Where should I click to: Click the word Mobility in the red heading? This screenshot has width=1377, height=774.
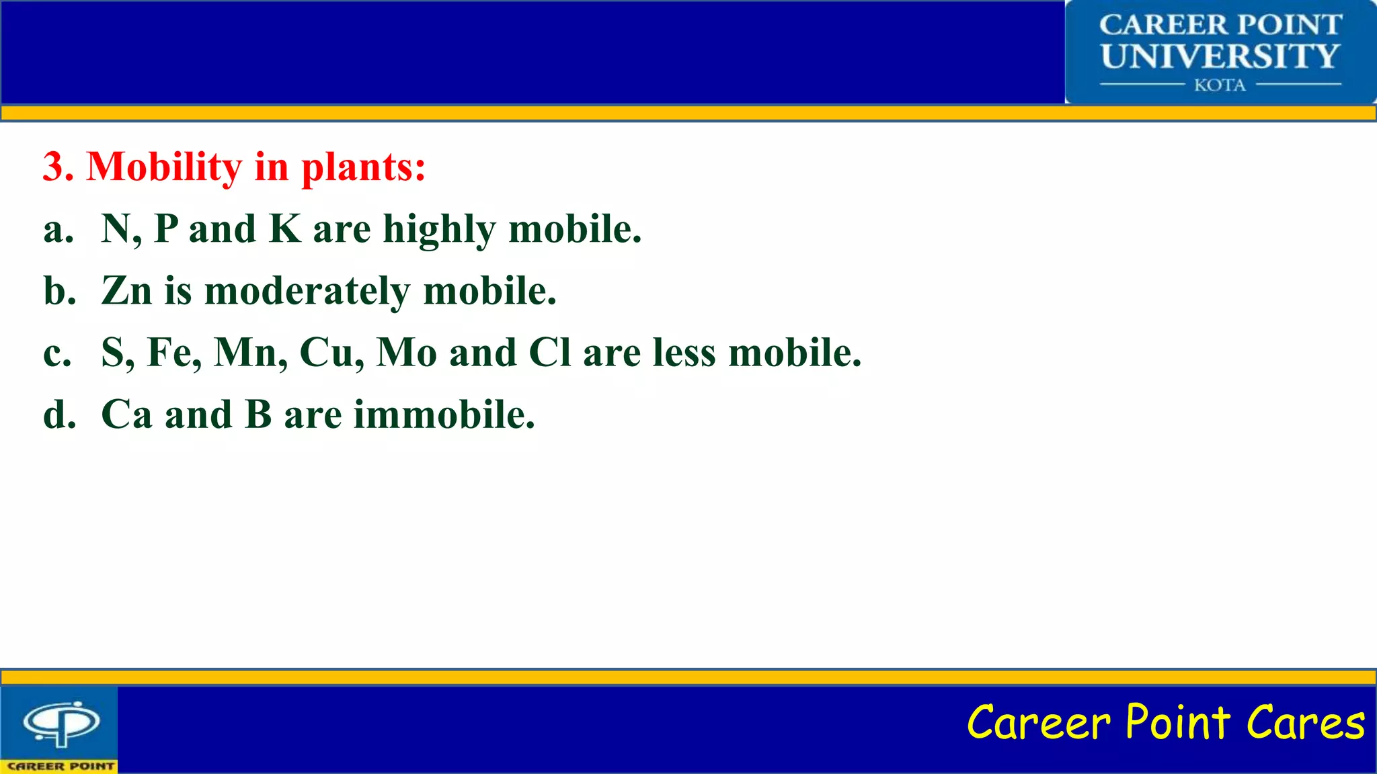[x=164, y=167]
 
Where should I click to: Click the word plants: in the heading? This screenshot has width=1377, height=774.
[x=363, y=168]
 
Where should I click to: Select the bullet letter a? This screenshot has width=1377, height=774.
[x=58, y=230]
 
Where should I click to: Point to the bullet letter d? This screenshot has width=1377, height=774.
[x=59, y=415]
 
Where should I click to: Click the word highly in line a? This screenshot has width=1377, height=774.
[x=439, y=230]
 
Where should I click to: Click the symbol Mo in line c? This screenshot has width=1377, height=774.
[x=406, y=353]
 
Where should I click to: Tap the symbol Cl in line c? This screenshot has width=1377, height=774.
[x=549, y=353]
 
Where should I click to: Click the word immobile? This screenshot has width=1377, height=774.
[x=444, y=415]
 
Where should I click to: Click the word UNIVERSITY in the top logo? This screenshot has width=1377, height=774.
[x=1220, y=56]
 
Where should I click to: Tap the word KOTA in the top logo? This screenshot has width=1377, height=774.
[x=1220, y=85]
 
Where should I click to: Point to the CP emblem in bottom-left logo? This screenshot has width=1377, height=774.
[x=61, y=723]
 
